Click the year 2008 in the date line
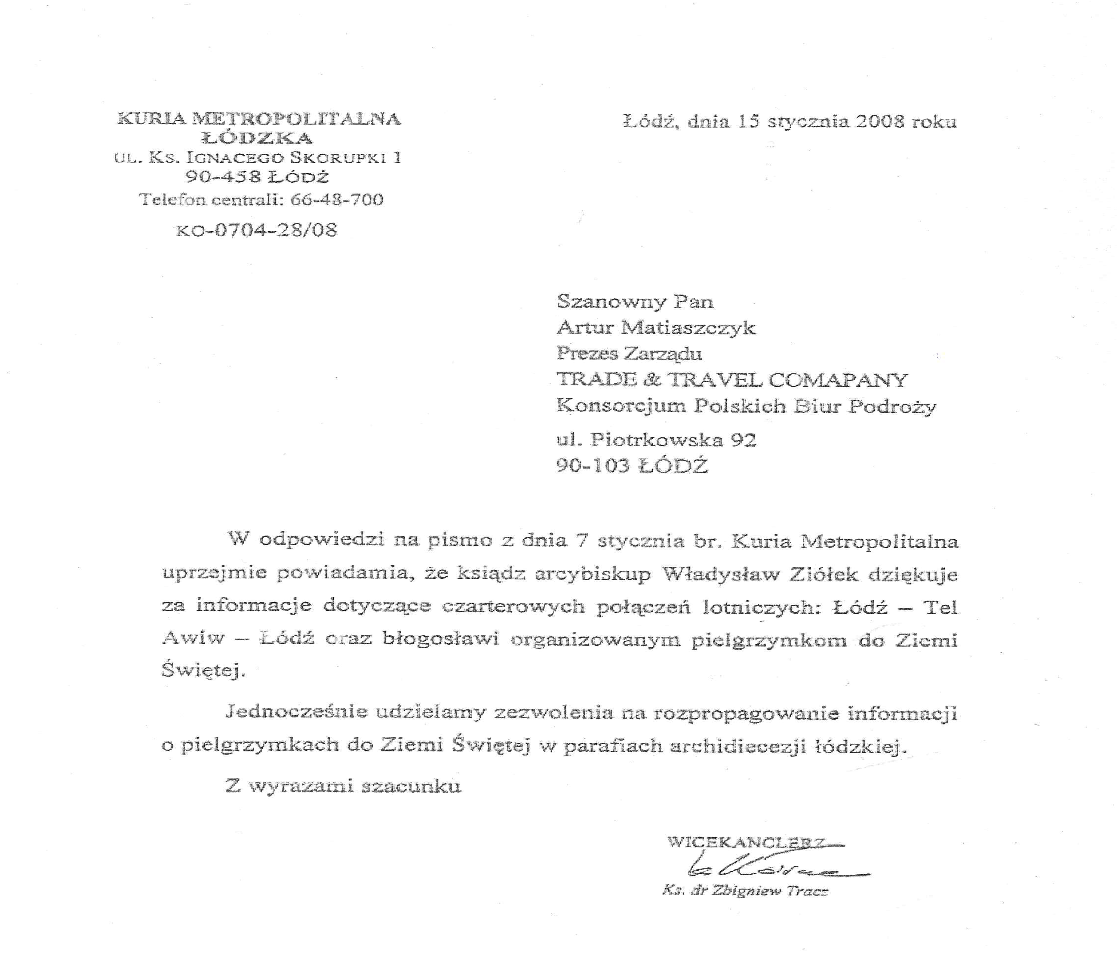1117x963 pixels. click(x=879, y=122)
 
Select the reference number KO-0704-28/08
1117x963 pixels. click(x=257, y=230)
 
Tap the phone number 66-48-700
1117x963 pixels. click(x=336, y=200)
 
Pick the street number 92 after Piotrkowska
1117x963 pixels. click(x=743, y=440)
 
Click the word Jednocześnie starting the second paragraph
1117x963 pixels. click(x=296, y=712)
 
